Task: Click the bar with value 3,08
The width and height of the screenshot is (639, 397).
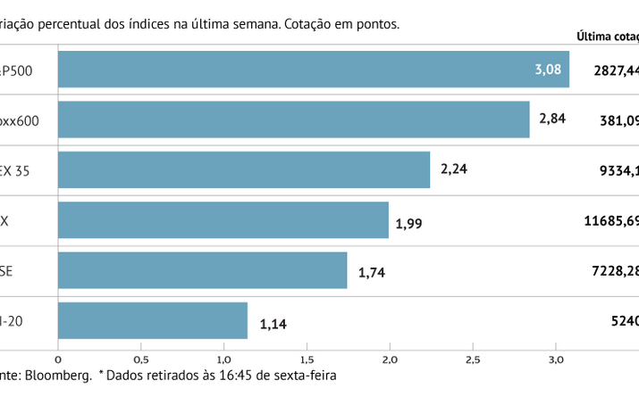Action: tap(313, 69)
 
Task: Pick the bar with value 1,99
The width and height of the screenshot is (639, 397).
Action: tap(223, 219)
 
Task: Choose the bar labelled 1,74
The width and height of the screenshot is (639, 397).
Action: tap(202, 269)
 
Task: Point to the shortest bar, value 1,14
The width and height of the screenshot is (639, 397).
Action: tap(152, 320)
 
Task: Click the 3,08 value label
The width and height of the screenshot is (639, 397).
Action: tap(547, 69)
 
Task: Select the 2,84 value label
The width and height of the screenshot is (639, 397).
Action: tap(551, 119)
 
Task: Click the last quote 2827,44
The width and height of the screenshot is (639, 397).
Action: tap(616, 69)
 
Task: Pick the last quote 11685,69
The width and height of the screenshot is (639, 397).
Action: tap(611, 219)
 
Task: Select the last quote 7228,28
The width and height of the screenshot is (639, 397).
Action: tap(616, 269)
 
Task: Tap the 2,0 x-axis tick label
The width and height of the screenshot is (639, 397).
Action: tap(390, 359)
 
